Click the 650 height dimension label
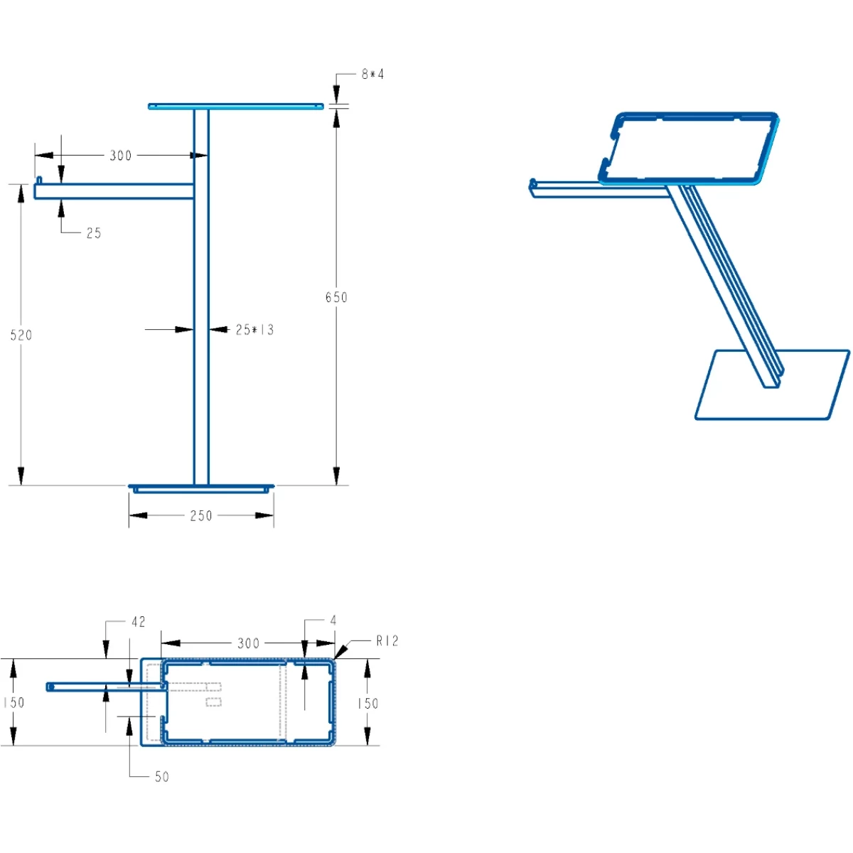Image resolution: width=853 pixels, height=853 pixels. [336, 297]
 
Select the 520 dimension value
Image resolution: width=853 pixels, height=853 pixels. [21, 335]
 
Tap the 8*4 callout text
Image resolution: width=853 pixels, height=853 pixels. [372, 74]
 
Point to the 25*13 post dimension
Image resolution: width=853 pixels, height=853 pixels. [254, 330]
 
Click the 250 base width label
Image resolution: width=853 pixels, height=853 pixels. [201, 516]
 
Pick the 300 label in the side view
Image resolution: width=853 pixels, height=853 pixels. [121, 156]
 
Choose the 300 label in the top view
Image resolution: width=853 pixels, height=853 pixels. [248, 643]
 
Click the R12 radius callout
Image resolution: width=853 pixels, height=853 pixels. [387, 641]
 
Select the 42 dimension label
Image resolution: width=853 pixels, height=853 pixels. [139, 622]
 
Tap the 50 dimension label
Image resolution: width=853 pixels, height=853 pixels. [162, 777]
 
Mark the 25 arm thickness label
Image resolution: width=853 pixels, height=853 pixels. [94, 233]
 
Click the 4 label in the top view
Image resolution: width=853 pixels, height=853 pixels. [333, 621]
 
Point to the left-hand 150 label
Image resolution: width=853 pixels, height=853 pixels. [14, 702]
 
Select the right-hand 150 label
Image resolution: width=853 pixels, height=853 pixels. [368, 703]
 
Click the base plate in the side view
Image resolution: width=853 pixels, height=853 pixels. [201, 488]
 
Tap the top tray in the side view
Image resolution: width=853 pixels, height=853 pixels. [235, 107]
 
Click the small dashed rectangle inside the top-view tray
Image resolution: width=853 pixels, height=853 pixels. [213, 702]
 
